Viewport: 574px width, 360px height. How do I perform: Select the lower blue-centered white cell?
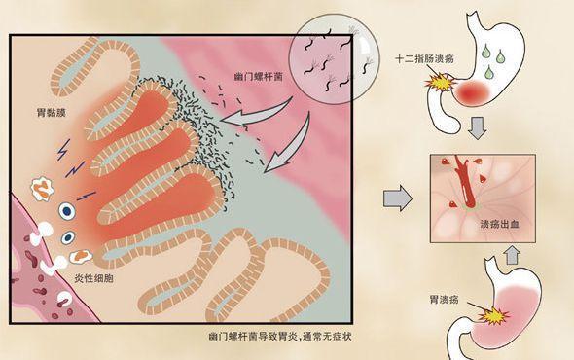click(x=68, y=237)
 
